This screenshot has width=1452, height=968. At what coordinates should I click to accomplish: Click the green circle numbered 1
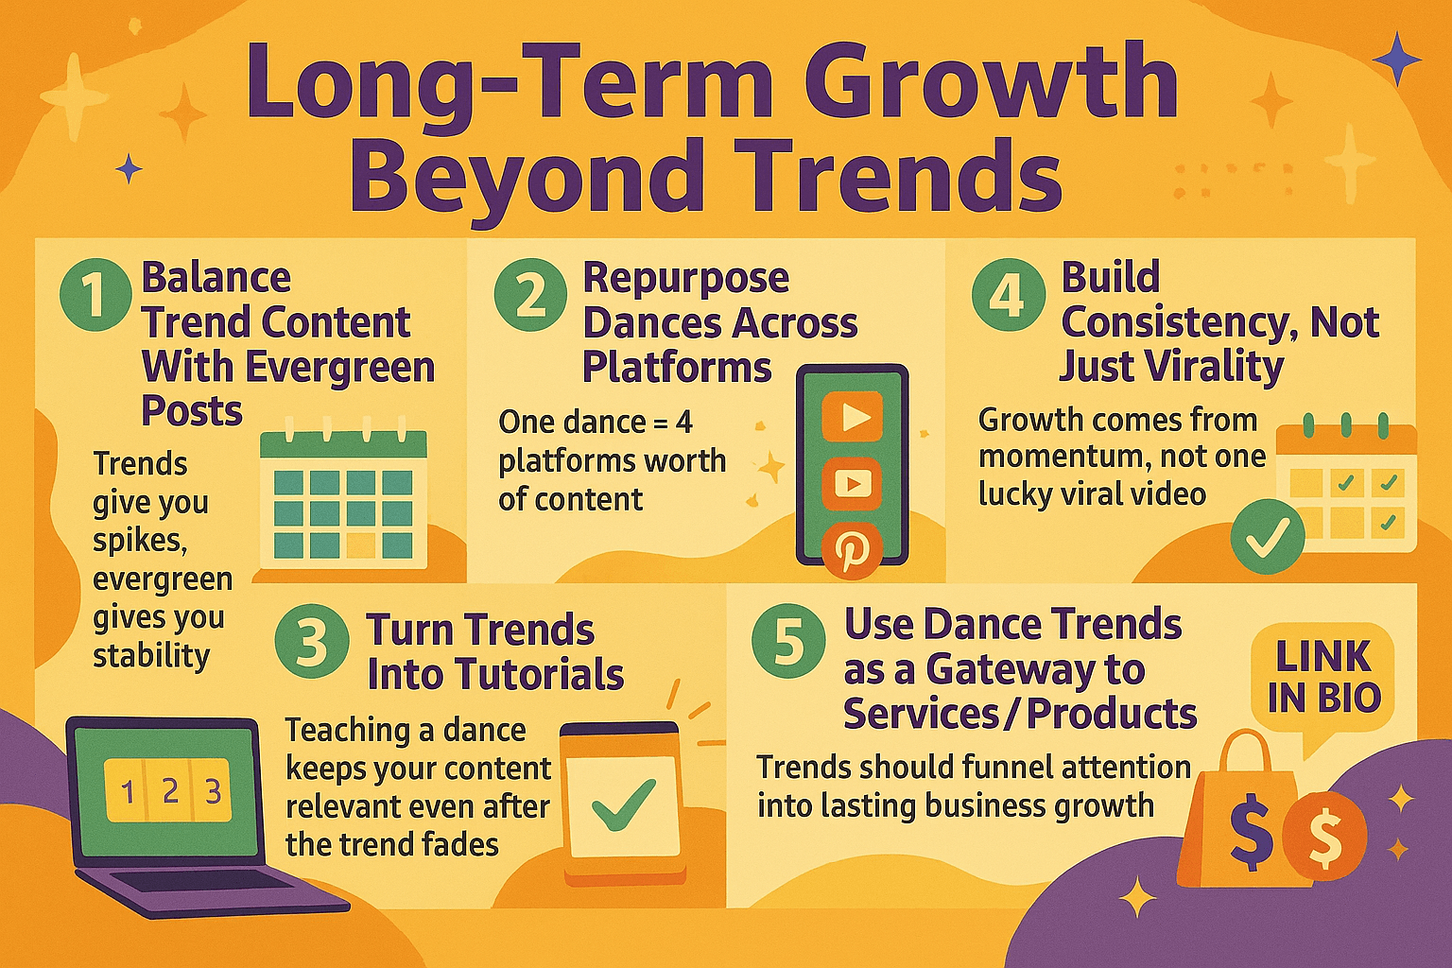tap(95, 295)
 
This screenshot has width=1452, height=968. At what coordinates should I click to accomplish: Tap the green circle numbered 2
tap(530, 295)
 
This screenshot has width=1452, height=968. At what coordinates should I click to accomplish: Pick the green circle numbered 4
tap(1009, 294)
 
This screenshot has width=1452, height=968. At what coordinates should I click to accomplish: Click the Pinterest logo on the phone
tap(851, 549)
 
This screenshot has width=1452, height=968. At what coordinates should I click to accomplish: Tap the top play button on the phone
tap(853, 417)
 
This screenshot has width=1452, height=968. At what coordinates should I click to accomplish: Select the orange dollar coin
tap(1324, 836)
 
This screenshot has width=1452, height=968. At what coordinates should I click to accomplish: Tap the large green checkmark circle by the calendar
tap(1268, 536)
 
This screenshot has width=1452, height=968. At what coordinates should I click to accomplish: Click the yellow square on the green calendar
tap(361, 545)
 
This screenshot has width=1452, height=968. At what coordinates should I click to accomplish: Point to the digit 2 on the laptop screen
tap(170, 791)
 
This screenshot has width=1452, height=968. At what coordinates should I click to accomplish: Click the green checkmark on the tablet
tap(623, 804)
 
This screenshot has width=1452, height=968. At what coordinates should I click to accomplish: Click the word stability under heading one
tap(151, 655)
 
